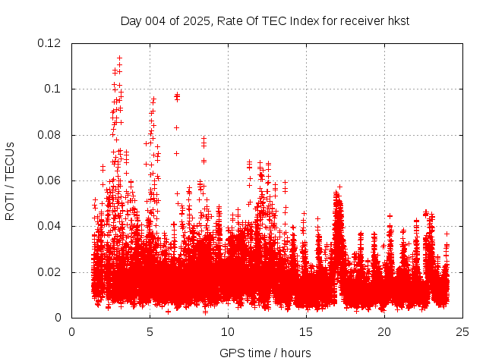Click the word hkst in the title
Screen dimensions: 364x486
(398, 20)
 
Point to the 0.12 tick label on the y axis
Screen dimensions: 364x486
(50, 43)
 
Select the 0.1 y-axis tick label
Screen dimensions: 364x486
(55, 89)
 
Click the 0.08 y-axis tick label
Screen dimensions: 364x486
(50, 135)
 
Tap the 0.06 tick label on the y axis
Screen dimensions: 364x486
(50, 180)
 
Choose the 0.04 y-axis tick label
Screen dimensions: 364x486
(50, 226)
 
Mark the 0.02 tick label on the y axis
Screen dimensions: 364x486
(50, 272)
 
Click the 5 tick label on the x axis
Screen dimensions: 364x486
(150, 331)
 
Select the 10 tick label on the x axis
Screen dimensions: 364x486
(228, 331)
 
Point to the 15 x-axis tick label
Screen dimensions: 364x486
(306, 331)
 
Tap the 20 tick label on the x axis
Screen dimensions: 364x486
(384, 331)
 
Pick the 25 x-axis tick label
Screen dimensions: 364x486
(462, 331)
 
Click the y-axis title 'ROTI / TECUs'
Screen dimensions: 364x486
(10, 180)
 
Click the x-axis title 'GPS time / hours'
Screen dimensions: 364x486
(265, 353)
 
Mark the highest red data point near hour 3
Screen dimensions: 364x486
(119, 58)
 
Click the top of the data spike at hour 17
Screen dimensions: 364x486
(339, 187)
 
